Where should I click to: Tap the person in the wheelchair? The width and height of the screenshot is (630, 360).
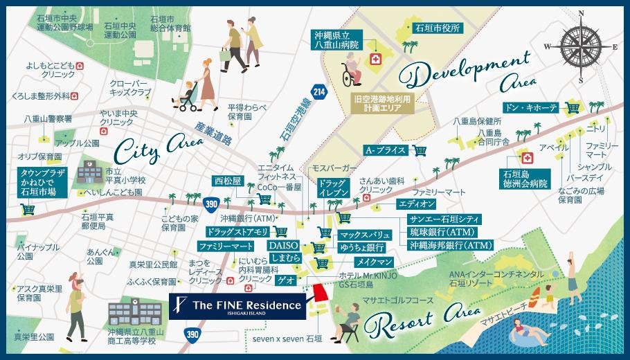tap(349, 71)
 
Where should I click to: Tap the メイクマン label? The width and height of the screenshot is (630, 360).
tap(375, 262)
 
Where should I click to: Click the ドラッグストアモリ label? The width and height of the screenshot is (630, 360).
tap(237, 231)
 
